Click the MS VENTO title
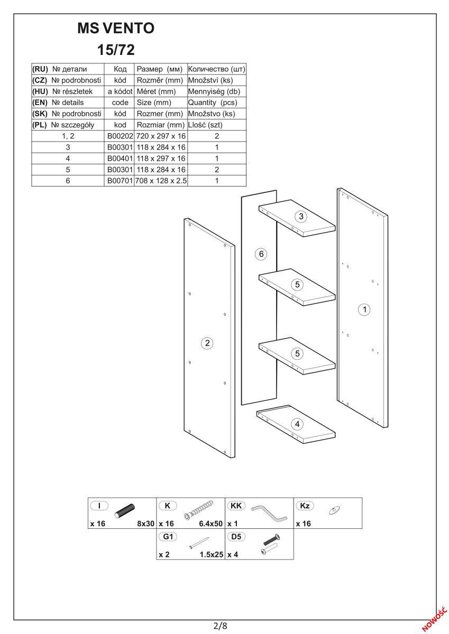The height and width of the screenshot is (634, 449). pyautogui.click(x=116, y=29)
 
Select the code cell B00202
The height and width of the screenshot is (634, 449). pyautogui.click(x=120, y=136)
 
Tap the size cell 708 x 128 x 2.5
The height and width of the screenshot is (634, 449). pyautogui.click(x=161, y=181)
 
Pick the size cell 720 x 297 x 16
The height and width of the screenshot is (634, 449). pyautogui.click(x=161, y=136)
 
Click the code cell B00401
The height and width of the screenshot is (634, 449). pyautogui.click(x=120, y=158)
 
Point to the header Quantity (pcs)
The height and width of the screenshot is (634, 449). pyautogui.click(x=213, y=102)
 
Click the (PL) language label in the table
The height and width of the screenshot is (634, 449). pyautogui.click(x=39, y=125)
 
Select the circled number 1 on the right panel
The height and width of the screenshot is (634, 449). pyautogui.click(x=364, y=310)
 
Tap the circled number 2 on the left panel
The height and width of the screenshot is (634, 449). pyautogui.click(x=207, y=343)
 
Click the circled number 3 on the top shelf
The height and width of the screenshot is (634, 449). pyautogui.click(x=301, y=217)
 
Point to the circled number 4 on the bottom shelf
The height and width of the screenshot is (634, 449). pyautogui.click(x=297, y=424)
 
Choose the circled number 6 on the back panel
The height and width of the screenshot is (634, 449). pyautogui.click(x=261, y=254)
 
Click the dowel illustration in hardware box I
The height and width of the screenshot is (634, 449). pyautogui.click(x=125, y=511)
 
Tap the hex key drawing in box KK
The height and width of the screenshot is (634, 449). pyautogui.click(x=269, y=514)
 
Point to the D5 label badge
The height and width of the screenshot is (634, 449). pyautogui.click(x=236, y=537)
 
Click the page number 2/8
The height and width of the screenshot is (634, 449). pyautogui.click(x=221, y=625)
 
